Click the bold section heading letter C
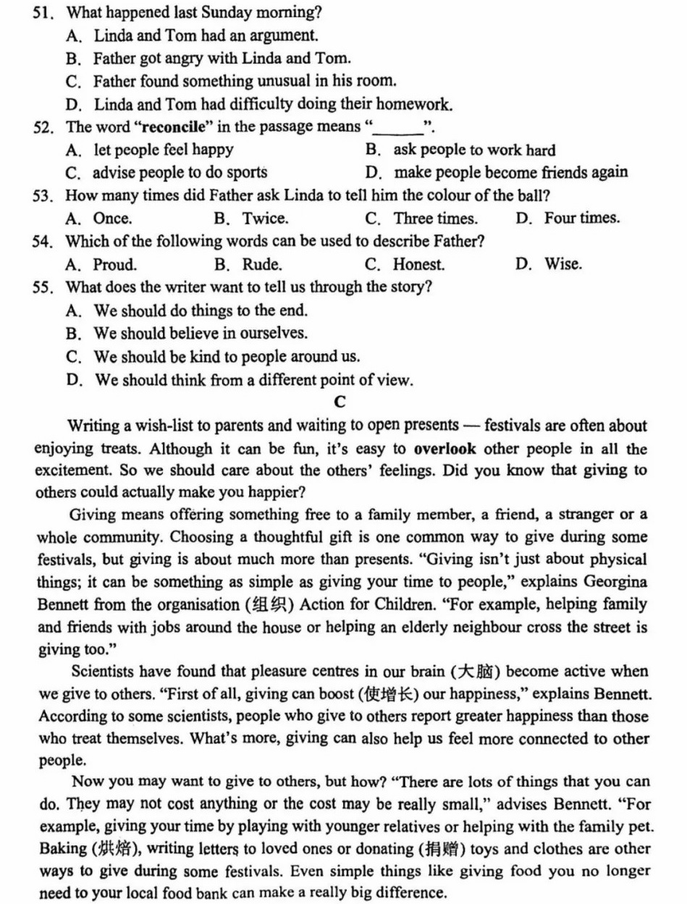click(x=340, y=402)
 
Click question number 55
click(x=42, y=287)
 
